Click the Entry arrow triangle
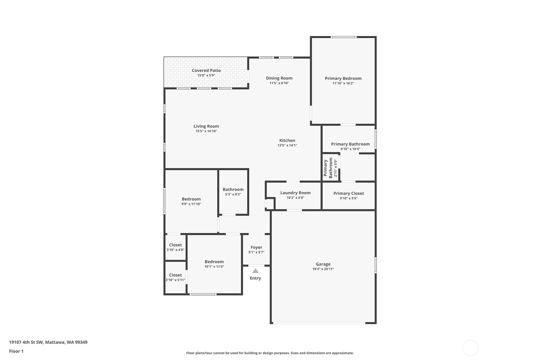(255, 271)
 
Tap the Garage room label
(323, 264)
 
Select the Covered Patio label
(206, 70)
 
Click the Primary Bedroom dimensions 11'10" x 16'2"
(343, 83)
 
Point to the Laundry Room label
(295, 193)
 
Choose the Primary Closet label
(348, 193)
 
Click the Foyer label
(256, 247)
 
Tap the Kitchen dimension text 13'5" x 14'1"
(287, 145)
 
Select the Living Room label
(206, 126)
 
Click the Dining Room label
(279, 78)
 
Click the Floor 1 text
(16, 351)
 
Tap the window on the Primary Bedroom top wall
(343, 37)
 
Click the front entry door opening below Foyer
(256, 265)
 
